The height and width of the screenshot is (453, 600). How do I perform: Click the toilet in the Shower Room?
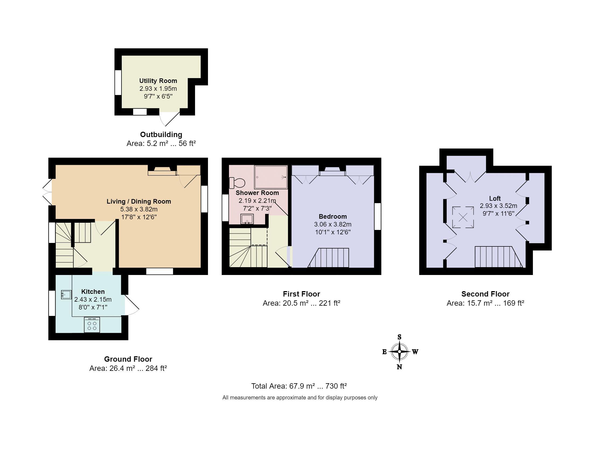237,183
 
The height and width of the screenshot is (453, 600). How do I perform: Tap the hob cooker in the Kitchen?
92,325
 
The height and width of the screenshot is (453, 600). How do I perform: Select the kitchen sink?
66,294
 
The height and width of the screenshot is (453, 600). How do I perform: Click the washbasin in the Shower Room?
247,219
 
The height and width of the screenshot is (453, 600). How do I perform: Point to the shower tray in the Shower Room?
271,177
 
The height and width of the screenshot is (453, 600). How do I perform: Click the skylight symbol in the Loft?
463,217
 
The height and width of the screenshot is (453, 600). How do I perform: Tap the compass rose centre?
399,352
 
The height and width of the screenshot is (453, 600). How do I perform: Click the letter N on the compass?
399,367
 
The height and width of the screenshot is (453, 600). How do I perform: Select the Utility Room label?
158,81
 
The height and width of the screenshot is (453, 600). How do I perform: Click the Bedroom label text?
332,216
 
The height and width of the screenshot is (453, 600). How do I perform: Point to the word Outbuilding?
161,134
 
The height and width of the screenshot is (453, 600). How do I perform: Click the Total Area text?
299,386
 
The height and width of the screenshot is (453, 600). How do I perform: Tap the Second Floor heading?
485,294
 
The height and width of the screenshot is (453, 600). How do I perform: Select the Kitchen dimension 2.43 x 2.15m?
93,299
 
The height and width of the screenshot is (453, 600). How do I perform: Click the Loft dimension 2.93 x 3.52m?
498,206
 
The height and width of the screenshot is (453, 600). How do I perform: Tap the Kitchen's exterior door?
132,305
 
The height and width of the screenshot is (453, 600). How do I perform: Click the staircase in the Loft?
499,257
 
